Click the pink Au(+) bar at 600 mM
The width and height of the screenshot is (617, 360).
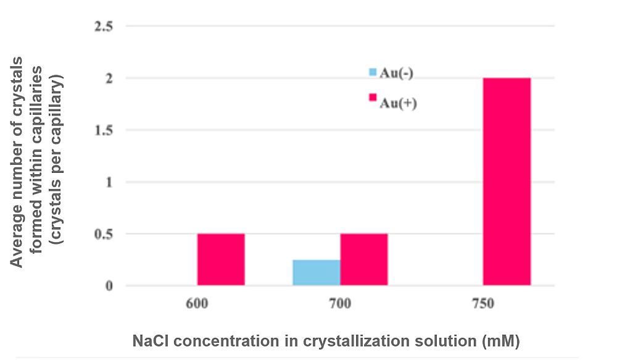221,259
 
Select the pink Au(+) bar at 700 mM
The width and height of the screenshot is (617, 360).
364,259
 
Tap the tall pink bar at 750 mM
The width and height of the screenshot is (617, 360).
507,182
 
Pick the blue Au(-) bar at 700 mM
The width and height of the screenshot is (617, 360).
316,273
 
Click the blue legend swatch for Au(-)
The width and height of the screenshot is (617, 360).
373,72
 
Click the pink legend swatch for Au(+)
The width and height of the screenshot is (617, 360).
373,98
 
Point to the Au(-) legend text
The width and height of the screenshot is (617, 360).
396,73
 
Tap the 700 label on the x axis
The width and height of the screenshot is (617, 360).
339,304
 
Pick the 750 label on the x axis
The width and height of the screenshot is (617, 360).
482,304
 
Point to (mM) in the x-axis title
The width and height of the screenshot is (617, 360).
503,341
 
